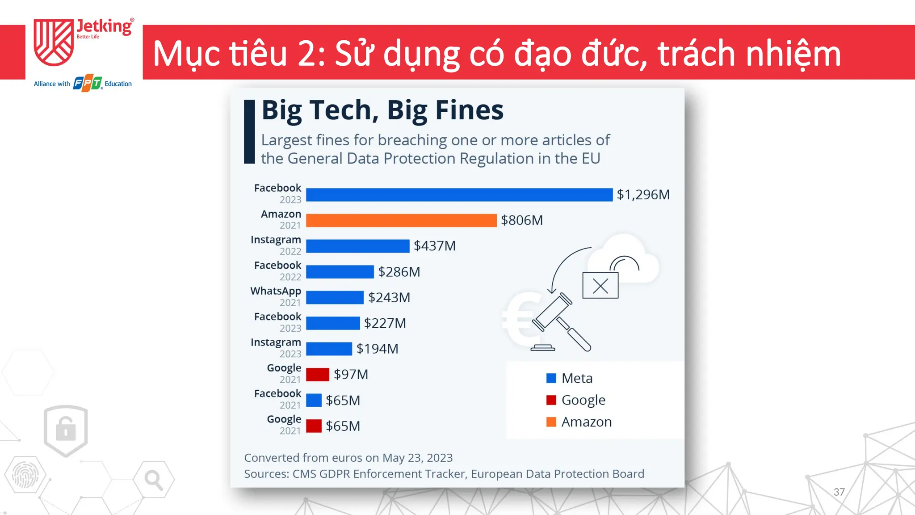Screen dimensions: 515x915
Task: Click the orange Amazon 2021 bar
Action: (x=401, y=220)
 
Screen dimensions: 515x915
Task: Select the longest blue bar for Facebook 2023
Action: (x=459, y=194)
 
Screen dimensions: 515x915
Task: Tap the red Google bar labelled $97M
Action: (x=318, y=375)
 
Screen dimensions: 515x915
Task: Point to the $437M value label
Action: (x=435, y=246)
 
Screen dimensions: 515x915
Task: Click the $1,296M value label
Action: (x=643, y=194)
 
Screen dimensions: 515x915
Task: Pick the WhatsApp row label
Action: (x=276, y=291)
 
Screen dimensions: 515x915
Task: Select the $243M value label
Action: (x=389, y=298)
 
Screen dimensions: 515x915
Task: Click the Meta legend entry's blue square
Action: (x=551, y=378)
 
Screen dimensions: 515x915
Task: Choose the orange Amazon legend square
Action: (x=551, y=422)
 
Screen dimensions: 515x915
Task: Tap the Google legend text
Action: (x=583, y=400)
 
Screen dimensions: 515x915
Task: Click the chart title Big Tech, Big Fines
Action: (x=382, y=110)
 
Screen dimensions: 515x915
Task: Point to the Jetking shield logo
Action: (x=54, y=42)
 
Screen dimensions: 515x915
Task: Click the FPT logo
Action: (x=88, y=83)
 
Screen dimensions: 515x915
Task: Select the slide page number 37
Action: (x=839, y=492)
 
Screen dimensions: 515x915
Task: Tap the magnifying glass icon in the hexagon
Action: (x=153, y=480)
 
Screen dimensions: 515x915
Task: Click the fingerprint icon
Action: (x=25, y=475)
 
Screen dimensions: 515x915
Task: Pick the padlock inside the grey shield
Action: (x=66, y=429)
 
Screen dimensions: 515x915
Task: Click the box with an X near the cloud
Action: (x=600, y=285)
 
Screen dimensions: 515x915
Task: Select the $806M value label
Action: (x=522, y=220)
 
